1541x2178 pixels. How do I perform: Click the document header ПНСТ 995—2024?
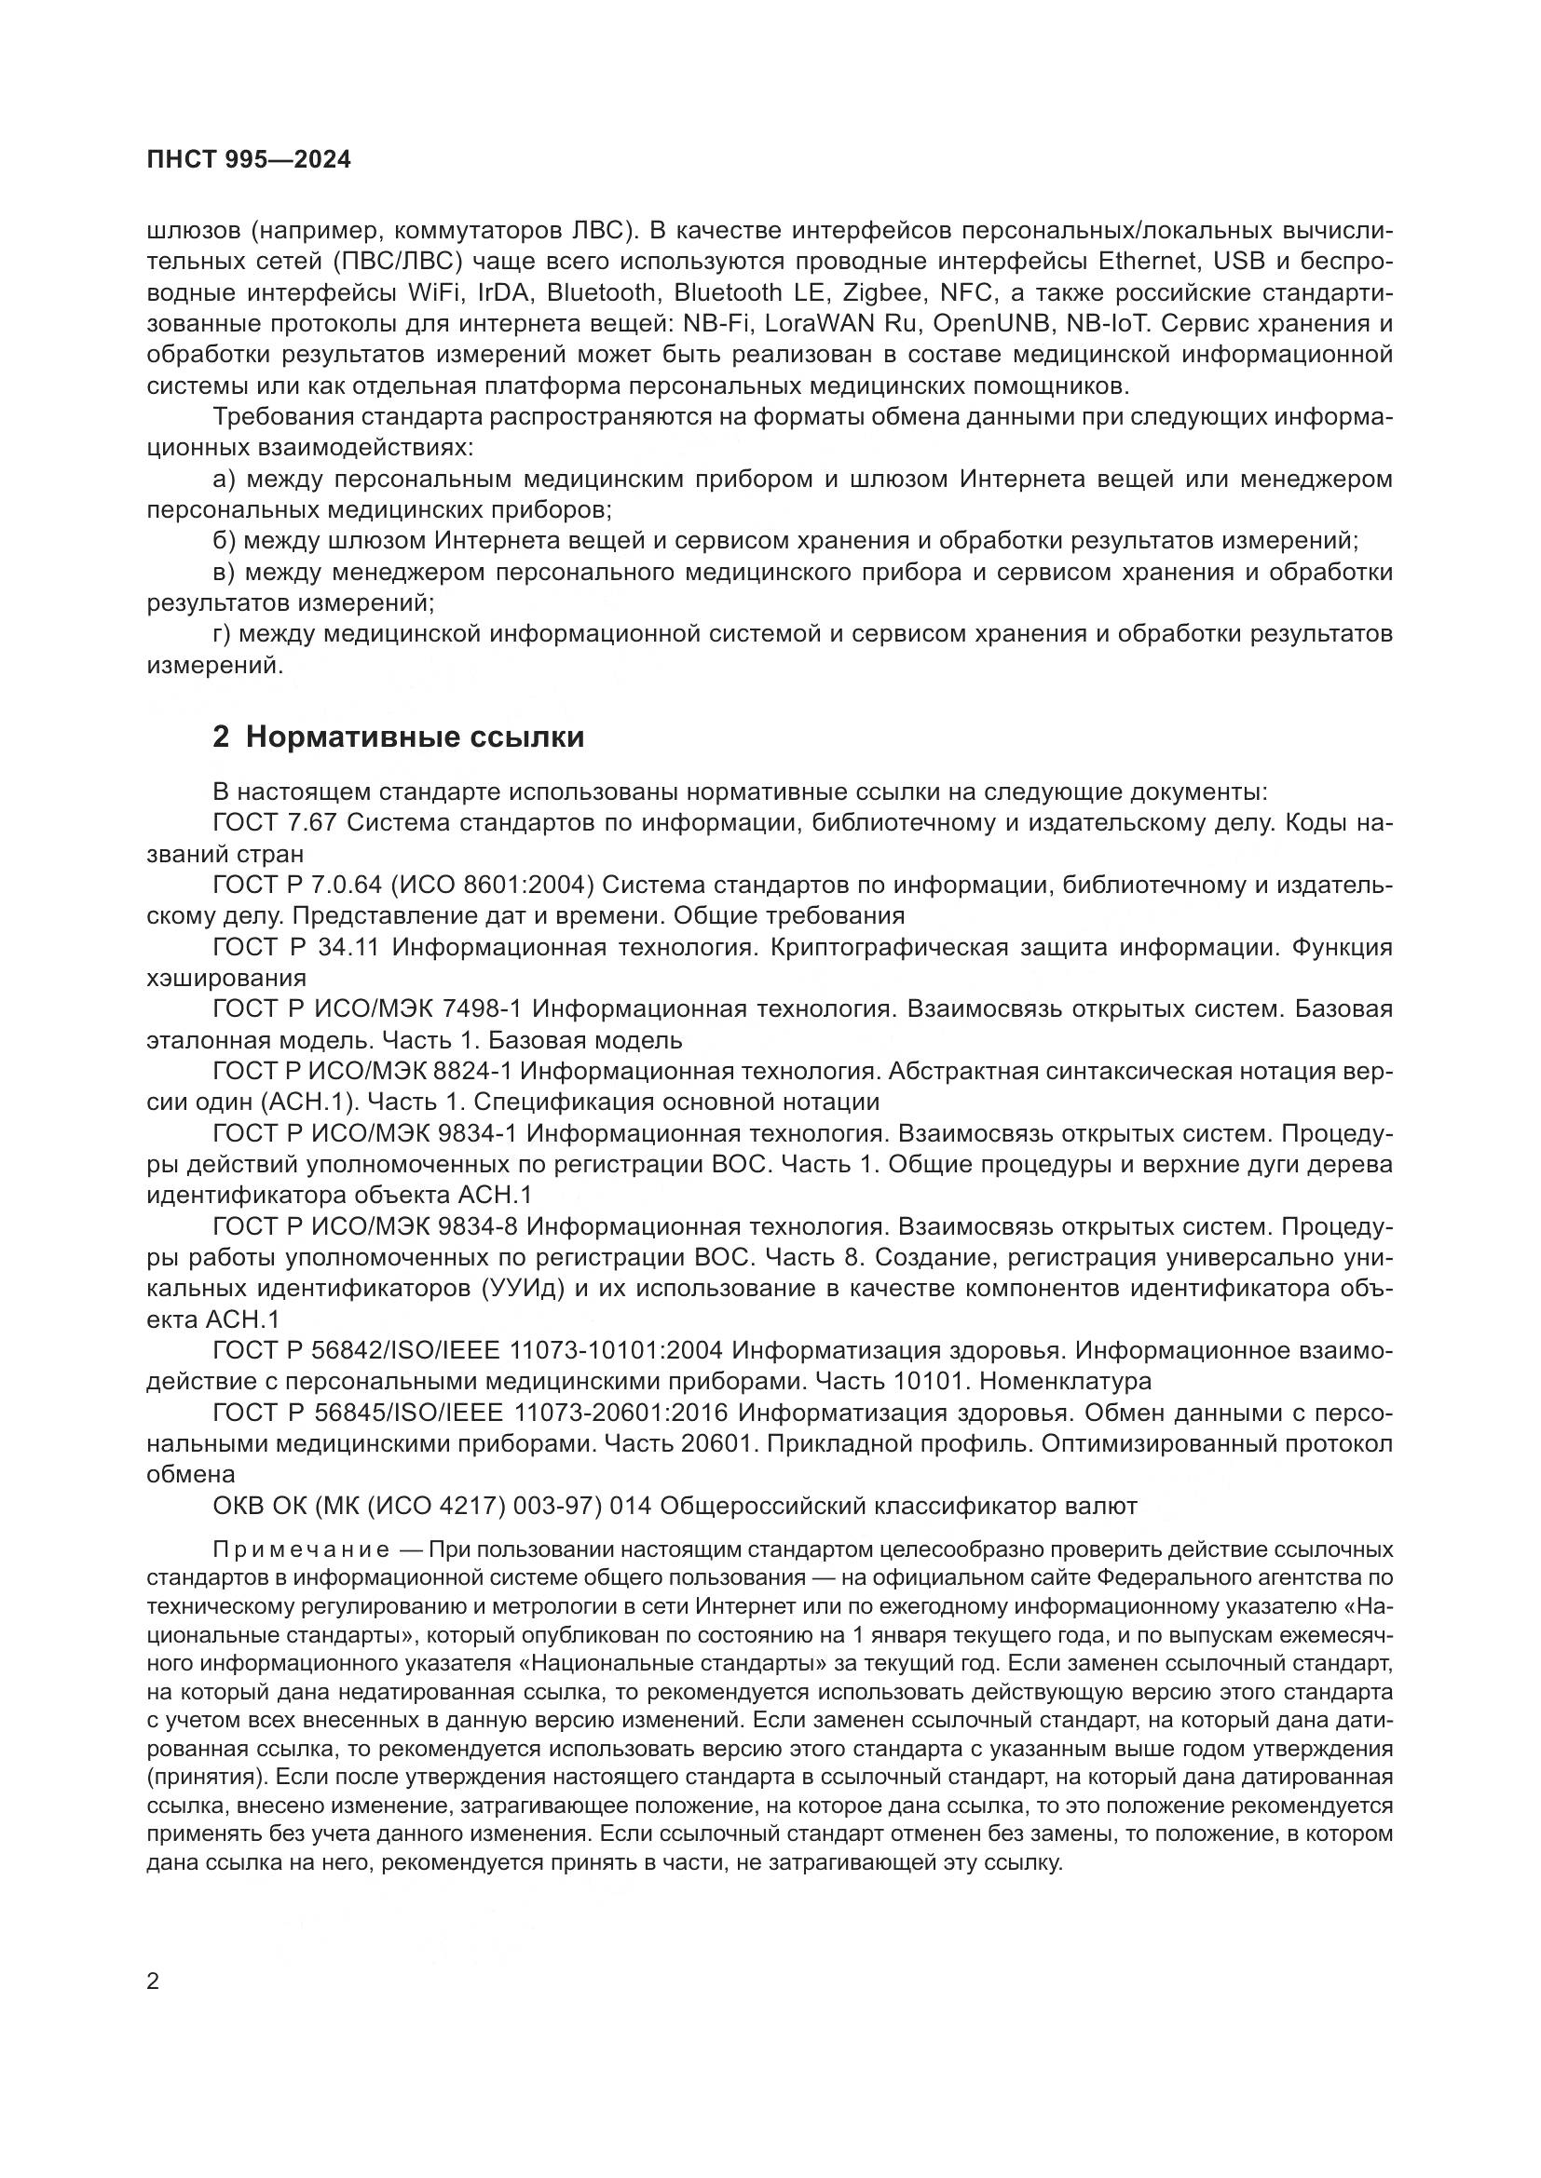tap(249, 160)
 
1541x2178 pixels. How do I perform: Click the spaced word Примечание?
tap(301, 1550)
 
